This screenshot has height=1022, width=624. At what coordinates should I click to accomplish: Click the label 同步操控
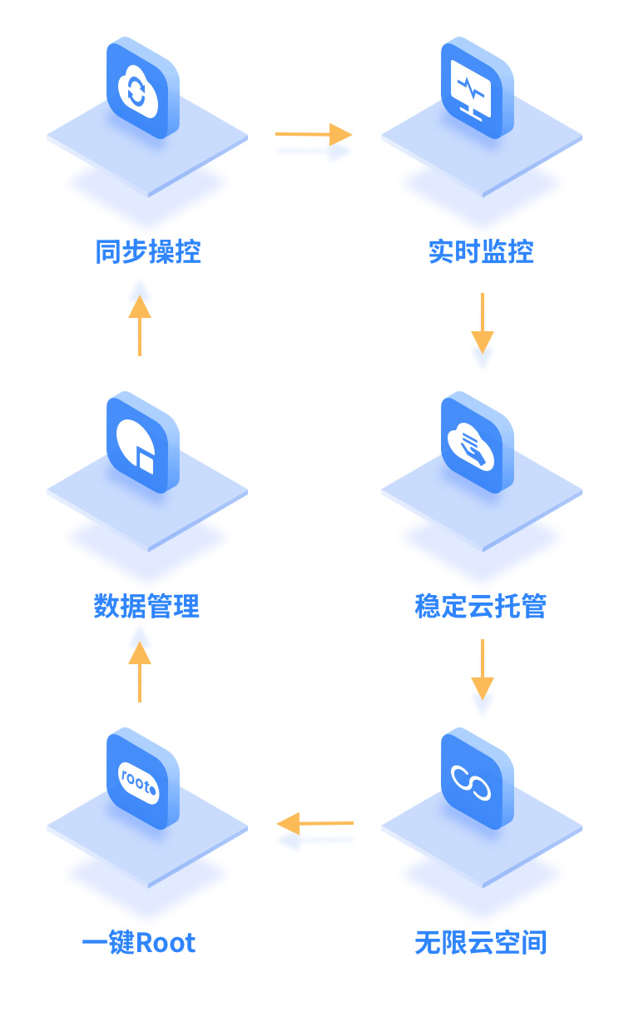point(148,251)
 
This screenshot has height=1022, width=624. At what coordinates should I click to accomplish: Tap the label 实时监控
point(481,251)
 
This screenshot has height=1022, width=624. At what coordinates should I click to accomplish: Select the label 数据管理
point(147,606)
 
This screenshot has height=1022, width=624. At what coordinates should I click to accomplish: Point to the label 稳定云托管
point(481,606)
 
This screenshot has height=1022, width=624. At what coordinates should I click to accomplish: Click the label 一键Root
point(139,943)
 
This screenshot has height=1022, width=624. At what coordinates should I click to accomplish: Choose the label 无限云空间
point(481,943)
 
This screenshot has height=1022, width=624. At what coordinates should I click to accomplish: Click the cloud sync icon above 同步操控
point(142,88)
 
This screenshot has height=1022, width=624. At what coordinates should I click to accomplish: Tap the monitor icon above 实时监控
point(477,88)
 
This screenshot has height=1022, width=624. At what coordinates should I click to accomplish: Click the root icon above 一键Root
point(142,779)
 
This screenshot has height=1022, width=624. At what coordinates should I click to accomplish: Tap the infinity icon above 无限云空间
point(477,779)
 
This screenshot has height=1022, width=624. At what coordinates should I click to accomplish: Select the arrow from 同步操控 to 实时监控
point(314,134)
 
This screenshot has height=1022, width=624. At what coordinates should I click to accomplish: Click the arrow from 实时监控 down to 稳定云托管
point(483,323)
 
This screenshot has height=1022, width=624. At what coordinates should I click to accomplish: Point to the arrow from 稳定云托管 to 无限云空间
point(483,669)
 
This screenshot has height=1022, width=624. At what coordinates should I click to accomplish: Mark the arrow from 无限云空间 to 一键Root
point(314,824)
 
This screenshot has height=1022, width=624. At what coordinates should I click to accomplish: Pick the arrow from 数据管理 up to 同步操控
point(140,325)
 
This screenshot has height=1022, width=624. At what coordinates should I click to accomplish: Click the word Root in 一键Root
point(166,943)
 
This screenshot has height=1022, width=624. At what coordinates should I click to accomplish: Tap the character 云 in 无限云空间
point(481,943)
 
